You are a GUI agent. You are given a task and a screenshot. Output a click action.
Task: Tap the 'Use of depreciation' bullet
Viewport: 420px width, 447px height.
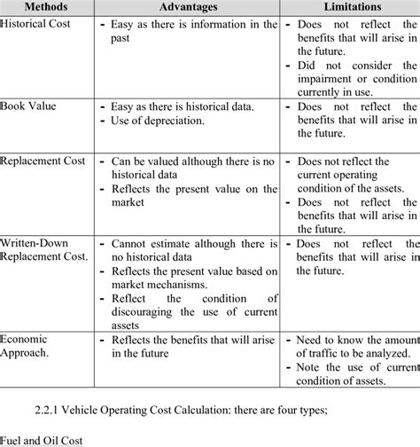tap(163, 122)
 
